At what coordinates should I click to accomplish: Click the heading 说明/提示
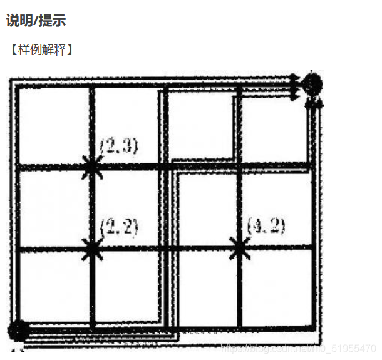[x=36, y=21]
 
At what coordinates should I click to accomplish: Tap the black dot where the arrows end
[x=312, y=83]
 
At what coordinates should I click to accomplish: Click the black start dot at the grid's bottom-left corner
[x=19, y=330]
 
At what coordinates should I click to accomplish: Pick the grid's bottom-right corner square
[x=276, y=287]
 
